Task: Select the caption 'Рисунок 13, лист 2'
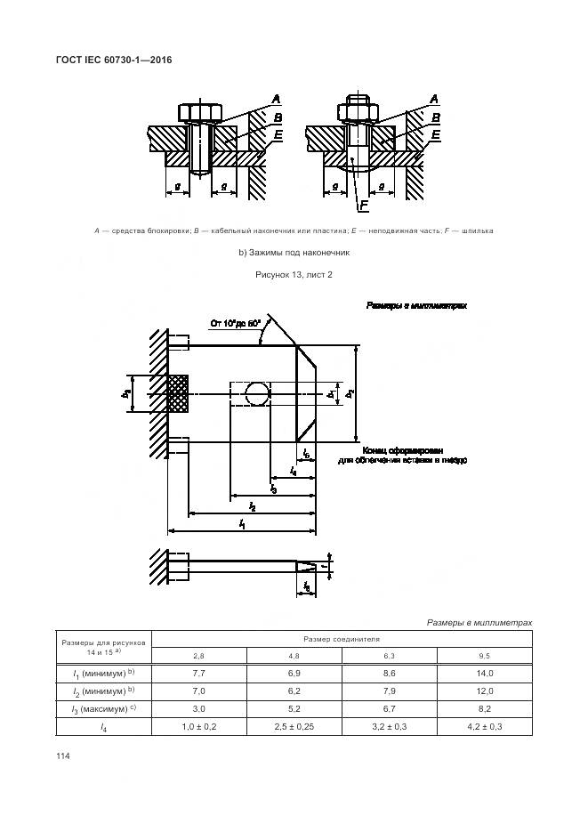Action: point(293,275)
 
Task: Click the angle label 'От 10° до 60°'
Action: point(235,324)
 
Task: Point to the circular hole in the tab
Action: point(258,393)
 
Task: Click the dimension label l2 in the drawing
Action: point(253,506)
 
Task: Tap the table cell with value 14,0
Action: point(485,673)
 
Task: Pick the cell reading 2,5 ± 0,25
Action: point(294,726)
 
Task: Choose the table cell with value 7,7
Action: point(199,673)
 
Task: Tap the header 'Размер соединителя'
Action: point(342,639)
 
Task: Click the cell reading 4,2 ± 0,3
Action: point(485,726)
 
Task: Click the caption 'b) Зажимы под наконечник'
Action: point(293,253)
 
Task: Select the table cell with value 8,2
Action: point(485,708)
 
